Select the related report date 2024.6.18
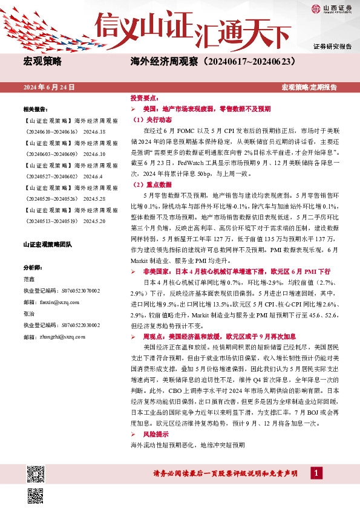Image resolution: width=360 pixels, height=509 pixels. (95, 131)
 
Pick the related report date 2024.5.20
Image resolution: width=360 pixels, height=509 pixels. (95, 222)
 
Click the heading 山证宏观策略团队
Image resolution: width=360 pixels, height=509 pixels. (47, 245)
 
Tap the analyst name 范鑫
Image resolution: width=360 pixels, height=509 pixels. (29, 279)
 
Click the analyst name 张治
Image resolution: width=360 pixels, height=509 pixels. (29, 314)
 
